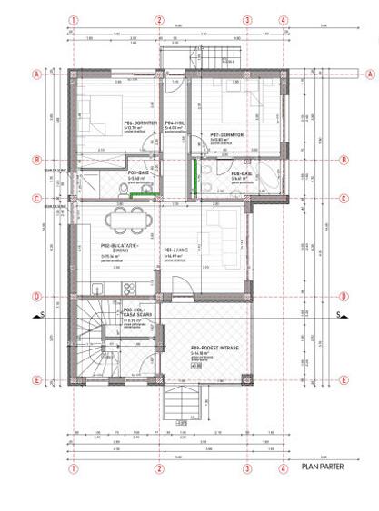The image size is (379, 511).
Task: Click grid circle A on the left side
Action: pyautogui.click(x=38, y=74)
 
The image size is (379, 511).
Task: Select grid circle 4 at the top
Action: pyautogui.click(x=284, y=19)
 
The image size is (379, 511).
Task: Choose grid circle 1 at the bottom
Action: pyautogui.click(x=74, y=469)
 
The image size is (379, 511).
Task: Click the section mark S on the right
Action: pyautogui.click(x=338, y=315)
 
